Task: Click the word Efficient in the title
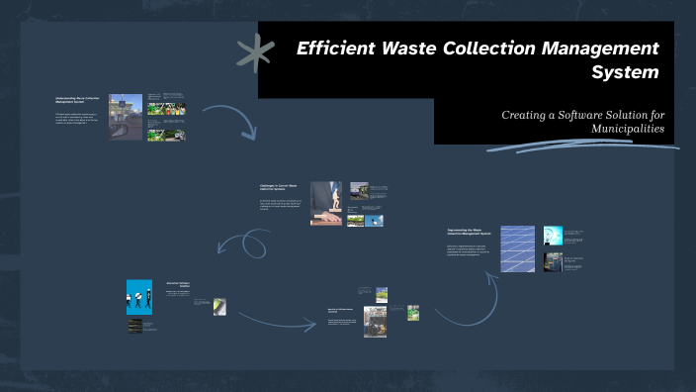click(x=340, y=48)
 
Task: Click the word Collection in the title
click(x=515, y=48)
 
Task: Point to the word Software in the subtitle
click(x=585, y=115)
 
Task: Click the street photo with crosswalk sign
click(x=126, y=117)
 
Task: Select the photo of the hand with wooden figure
click(x=326, y=203)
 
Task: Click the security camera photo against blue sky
click(x=375, y=221)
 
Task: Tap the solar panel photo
click(x=517, y=248)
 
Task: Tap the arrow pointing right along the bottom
click(x=273, y=321)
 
